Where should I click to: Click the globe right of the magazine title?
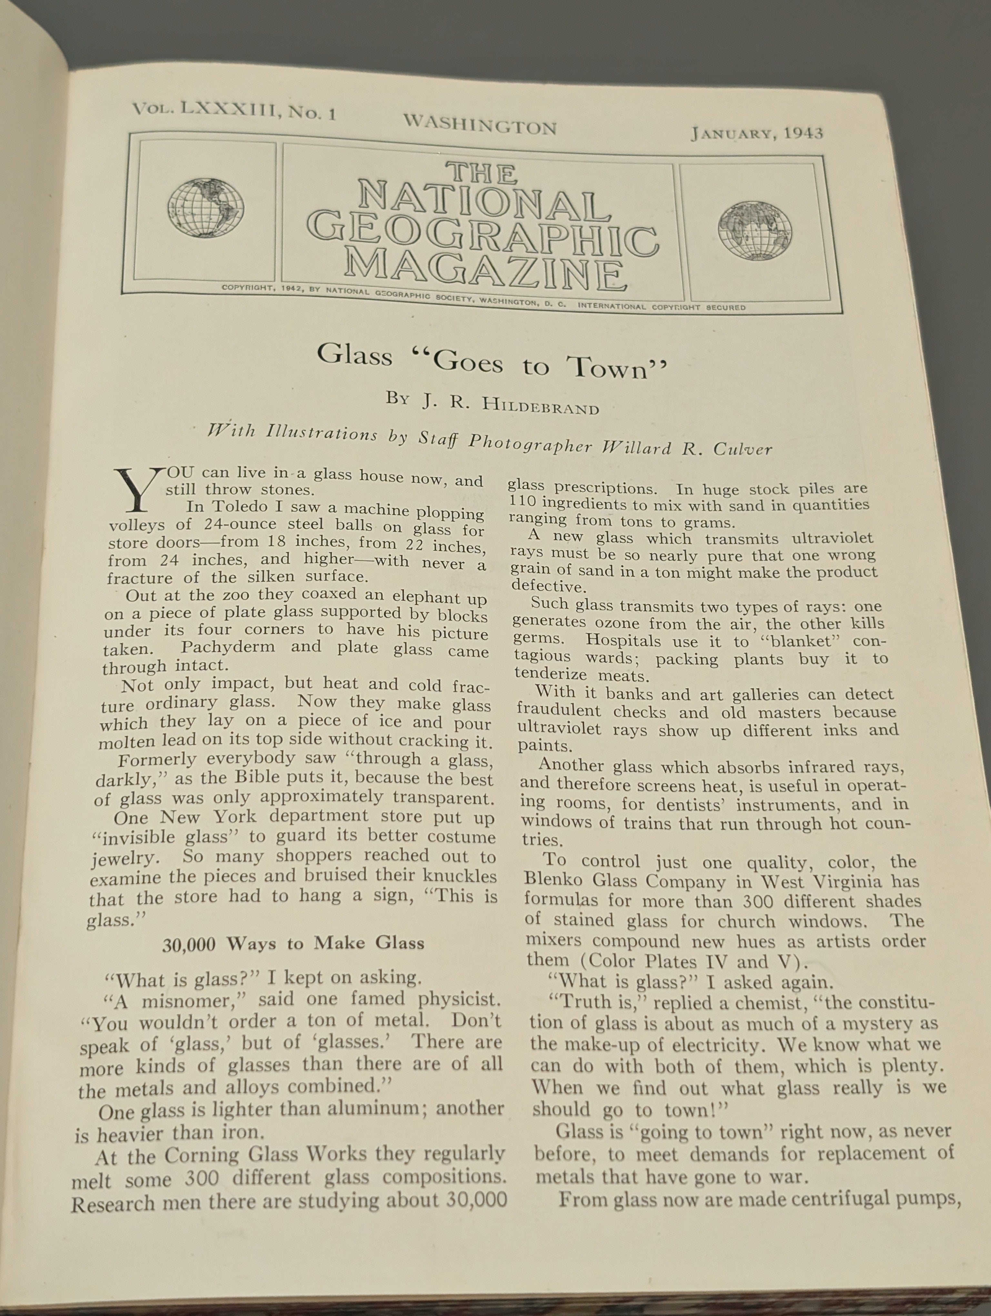coord(754,231)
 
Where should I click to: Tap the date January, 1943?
coord(756,132)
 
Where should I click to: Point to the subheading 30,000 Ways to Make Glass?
coord(293,943)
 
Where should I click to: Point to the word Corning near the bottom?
coord(201,1155)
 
